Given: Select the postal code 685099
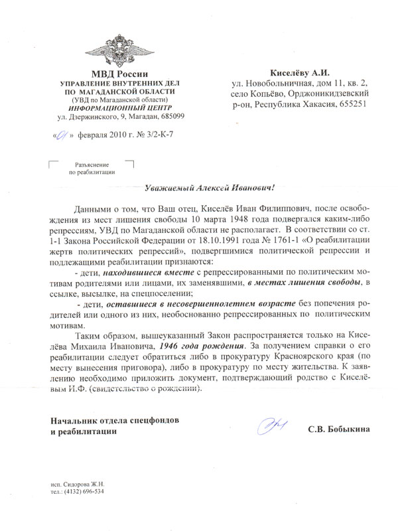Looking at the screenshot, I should click(171, 117).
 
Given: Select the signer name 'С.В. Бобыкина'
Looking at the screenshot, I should click(338, 429).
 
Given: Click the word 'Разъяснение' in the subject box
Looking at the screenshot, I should click(92, 163).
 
